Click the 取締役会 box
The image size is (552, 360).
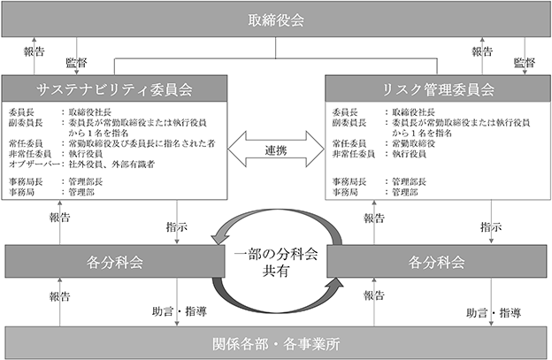[276, 20]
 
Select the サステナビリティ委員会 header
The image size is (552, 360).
[114, 88]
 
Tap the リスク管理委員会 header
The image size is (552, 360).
[438, 88]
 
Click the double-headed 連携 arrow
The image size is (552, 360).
[276, 149]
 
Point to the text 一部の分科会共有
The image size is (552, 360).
[276, 262]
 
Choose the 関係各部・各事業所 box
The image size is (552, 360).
[276, 343]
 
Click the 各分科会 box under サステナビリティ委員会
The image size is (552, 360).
[115, 262]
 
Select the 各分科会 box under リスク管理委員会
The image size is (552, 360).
[436, 262]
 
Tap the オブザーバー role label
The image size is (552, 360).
[34, 164]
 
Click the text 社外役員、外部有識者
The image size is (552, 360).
[111, 164]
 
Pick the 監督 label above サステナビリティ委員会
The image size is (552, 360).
[76, 63]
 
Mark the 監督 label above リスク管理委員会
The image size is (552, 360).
[525, 63]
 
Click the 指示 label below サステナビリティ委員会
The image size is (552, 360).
[177, 227]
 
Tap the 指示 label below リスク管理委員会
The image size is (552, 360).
[491, 227]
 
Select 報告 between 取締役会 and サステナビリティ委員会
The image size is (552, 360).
[34, 51]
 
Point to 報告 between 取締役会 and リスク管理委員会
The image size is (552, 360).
[482, 51]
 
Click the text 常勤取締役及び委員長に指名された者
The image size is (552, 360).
[142, 143]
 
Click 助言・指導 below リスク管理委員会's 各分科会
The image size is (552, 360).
[494, 312]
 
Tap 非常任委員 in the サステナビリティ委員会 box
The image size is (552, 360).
[30, 154]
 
